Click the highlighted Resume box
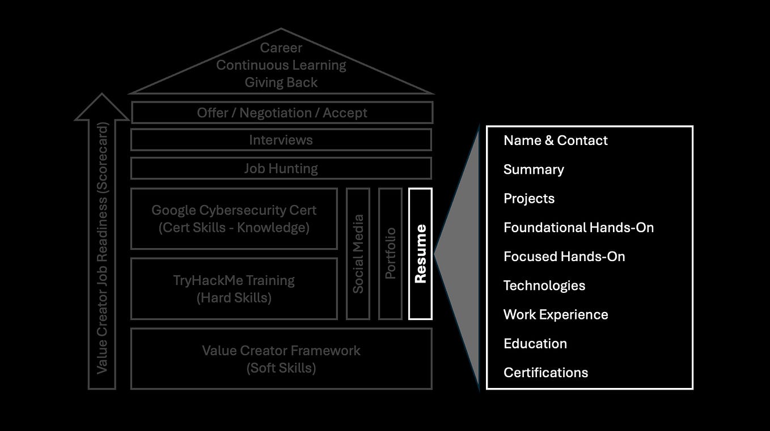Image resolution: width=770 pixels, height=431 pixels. (420, 254)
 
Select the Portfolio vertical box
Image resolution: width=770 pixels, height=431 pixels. (390, 254)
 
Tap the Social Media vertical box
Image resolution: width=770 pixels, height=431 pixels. (358, 254)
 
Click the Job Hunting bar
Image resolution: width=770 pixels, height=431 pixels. (281, 168)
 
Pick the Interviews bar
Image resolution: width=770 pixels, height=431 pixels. (281, 140)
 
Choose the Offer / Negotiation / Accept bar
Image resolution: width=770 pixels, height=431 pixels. (282, 113)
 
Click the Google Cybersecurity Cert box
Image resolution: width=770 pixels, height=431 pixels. (234, 219)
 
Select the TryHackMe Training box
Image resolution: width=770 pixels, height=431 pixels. (234, 289)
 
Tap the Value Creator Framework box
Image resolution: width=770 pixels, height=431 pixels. (281, 359)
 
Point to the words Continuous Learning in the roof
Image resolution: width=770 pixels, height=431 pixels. (281, 65)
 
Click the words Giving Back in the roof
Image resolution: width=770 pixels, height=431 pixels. (281, 82)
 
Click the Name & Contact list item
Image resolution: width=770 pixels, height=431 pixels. (555, 140)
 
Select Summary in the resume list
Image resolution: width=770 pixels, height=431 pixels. (534, 169)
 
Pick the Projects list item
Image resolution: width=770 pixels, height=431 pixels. (529, 199)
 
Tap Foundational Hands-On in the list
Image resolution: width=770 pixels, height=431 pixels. (578, 228)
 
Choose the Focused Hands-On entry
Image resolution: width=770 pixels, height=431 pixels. (564, 257)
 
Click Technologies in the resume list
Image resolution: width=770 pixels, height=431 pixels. (544, 285)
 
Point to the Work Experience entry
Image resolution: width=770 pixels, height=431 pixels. (556, 315)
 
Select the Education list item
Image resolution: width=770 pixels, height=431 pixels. (535, 344)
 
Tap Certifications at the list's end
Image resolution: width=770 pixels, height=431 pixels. (545, 373)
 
